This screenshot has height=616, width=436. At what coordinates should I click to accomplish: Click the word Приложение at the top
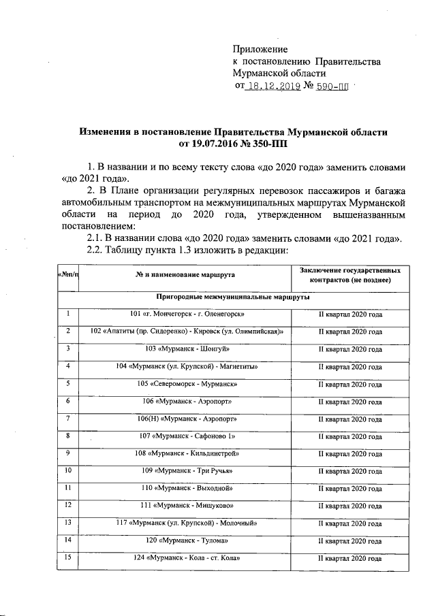tap(260, 50)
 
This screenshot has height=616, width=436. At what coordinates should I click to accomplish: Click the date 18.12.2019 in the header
tap(272, 87)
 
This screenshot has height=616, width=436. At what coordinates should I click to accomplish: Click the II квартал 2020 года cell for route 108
tap(350, 454)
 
